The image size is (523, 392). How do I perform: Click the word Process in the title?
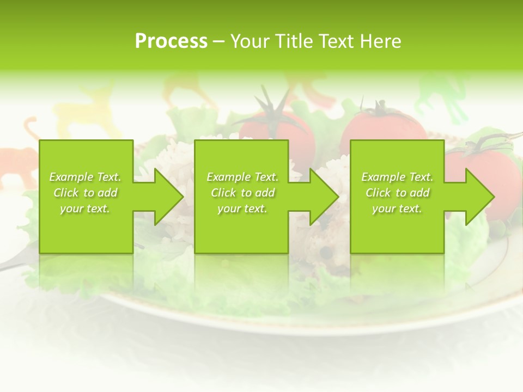(171, 41)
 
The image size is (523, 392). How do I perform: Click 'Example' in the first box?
(71, 177)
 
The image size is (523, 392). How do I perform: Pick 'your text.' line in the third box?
(397, 209)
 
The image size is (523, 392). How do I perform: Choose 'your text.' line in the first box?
(85, 209)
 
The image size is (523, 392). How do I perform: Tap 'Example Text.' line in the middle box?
(242, 177)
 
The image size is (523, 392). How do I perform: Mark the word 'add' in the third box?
(419, 193)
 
